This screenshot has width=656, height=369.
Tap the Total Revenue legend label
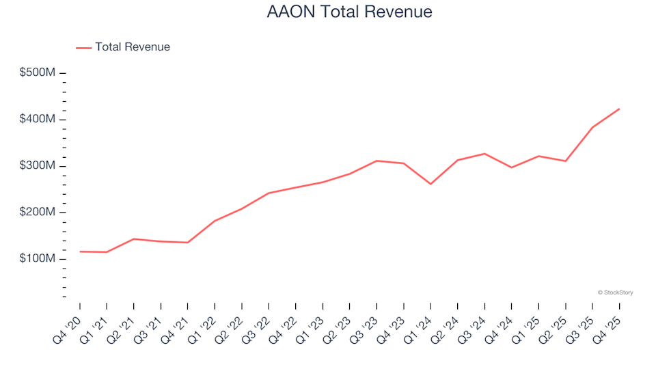pyautogui.click(x=133, y=47)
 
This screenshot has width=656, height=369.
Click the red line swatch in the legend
pyautogui.click(x=83, y=48)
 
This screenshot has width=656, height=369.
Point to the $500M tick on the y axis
pyautogui.click(x=63, y=73)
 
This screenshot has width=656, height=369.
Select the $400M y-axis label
pyautogui.click(x=38, y=120)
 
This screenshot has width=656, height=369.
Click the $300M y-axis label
pyautogui.click(x=38, y=166)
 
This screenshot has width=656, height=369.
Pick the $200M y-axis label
pyautogui.click(x=38, y=213)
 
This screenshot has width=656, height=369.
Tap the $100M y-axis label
pyautogui.click(x=38, y=259)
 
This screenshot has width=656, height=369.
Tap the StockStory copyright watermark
pyautogui.click(x=615, y=292)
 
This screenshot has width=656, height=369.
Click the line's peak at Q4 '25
pyautogui.click(x=619, y=109)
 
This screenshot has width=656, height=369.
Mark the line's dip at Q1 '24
pyautogui.click(x=430, y=184)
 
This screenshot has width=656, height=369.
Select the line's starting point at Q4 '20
pyautogui.click(x=80, y=251)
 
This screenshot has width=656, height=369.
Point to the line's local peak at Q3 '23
pyautogui.click(x=377, y=161)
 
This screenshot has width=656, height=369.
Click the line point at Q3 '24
pyautogui.click(x=484, y=154)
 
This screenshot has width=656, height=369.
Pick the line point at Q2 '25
pyautogui.click(x=566, y=161)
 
